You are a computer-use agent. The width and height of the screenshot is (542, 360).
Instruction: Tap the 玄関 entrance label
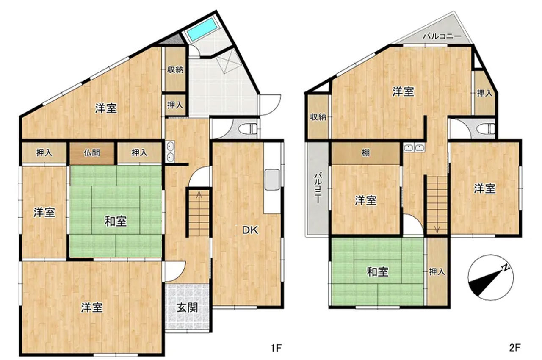point(188,308)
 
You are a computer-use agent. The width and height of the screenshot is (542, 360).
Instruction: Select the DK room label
point(250,230)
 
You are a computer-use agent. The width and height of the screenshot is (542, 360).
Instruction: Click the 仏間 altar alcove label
point(92,153)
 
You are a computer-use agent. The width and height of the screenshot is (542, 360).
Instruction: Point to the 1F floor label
point(277,348)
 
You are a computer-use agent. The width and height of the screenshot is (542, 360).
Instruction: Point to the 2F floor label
point(514,348)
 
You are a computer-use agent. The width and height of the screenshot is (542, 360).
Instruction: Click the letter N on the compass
point(506,268)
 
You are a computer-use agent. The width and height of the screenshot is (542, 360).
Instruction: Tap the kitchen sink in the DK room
point(272,180)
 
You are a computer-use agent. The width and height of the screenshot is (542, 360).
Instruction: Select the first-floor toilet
point(248,129)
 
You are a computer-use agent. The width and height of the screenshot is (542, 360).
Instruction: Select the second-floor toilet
point(486,129)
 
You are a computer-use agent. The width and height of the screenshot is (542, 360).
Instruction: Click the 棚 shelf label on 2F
point(365,153)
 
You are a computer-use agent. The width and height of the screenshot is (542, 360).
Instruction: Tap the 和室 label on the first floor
point(116,222)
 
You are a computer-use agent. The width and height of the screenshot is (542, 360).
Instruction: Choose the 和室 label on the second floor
point(378,272)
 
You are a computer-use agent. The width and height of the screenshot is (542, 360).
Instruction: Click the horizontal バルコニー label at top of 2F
point(442,36)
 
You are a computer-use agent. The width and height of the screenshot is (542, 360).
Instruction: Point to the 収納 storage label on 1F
point(175,70)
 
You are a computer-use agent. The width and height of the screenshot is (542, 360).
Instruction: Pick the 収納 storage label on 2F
point(318,117)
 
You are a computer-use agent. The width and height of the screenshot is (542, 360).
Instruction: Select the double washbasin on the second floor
point(414,147)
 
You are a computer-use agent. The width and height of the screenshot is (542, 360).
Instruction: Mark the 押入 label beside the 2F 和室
point(437,271)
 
